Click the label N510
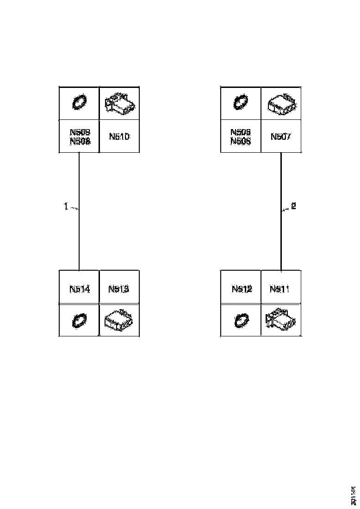(x=119, y=137)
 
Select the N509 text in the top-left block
(x=80, y=132)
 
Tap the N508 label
(x=80, y=142)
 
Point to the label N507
(x=280, y=137)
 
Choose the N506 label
(x=241, y=132)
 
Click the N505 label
(x=241, y=142)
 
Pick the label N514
(x=79, y=289)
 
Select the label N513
(x=119, y=289)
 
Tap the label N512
(x=242, y=289)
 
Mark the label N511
(x=280, y=289)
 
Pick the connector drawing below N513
(x=119, y=320)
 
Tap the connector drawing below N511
(x=281, y=320)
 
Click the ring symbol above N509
(x=79, y=102)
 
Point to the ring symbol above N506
(x=241, y=102)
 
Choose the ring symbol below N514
(x=79, y=320)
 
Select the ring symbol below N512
(x=241, y=320)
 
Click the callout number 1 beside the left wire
(x=66, y=207)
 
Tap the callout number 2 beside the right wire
(x=293, y=206)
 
